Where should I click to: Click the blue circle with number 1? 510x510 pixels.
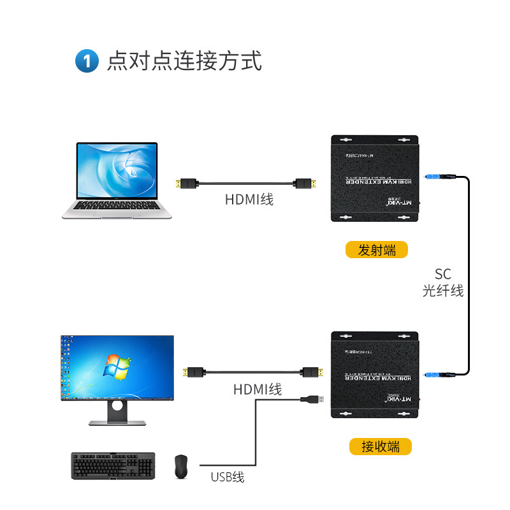pos(87,62)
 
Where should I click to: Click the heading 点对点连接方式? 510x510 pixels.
pos(184,61)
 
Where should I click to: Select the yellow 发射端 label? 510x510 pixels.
pos(376,249)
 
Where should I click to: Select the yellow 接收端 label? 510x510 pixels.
pos(381,446)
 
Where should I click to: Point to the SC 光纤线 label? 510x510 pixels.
pos(443,282)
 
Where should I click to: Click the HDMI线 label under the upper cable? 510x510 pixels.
pos(249,200)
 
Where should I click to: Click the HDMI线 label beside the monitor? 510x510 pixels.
pos(258,388)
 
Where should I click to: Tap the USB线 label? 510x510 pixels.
pos(228,477)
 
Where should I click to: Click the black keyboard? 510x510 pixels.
pos(113,465)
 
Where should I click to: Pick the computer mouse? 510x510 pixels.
pos(181,467)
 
